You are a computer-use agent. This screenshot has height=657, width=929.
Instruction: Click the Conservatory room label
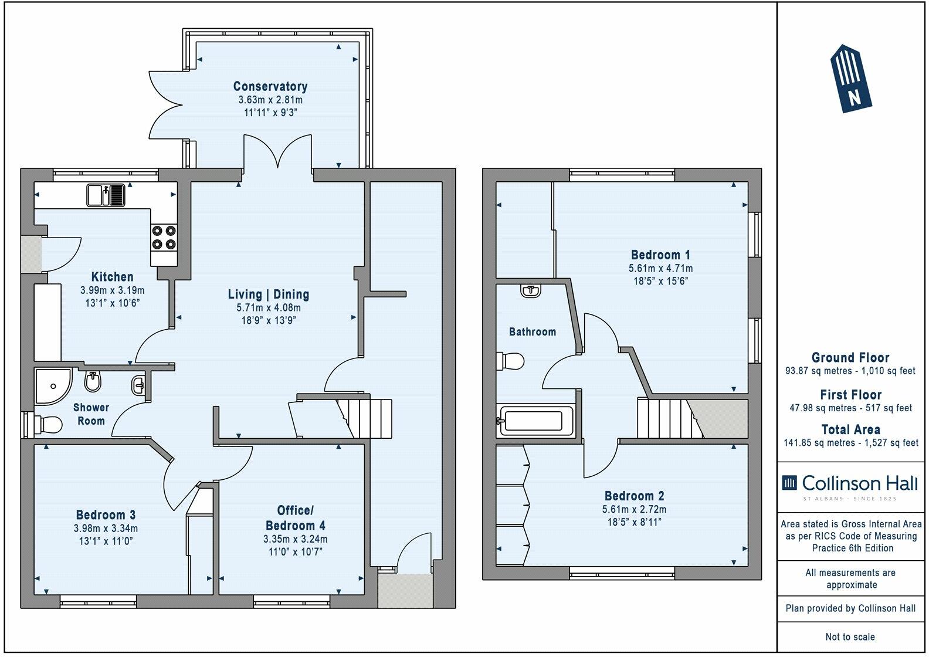pyautogui.click(x=270, y=86)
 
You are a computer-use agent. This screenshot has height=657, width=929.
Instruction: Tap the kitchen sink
pyautogui.click(x=107, y=195)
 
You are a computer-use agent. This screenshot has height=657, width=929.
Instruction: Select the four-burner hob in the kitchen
pyautogui.click(x=164, y=238)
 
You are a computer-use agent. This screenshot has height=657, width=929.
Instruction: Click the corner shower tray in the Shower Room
pyautogui.click(x=51, y=386)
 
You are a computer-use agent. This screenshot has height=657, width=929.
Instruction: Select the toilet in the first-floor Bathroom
pyautogui.click(x=510, y=361)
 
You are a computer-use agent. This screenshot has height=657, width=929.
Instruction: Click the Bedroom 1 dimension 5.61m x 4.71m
pyautogui.click(x=660, y=269)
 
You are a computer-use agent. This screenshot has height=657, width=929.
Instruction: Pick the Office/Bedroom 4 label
pyautogui.click(x=295, y=517)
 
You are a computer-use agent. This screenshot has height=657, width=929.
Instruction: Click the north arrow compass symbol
pyautogui.click(x=850, y=78)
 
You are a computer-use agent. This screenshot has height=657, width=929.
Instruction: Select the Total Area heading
pyautogui.click(x=850, y=429)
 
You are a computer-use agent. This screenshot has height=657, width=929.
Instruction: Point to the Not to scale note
pyautogui.click(x=850, y=636)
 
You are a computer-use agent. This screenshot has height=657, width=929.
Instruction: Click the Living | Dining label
pyautogui.click(x=269, y=294)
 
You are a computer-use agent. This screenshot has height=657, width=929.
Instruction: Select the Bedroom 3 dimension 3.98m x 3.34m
pyautogui.click(x=106, y=528)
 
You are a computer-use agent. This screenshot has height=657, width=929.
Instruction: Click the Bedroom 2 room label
pyautogui.click(x=634, y=496)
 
